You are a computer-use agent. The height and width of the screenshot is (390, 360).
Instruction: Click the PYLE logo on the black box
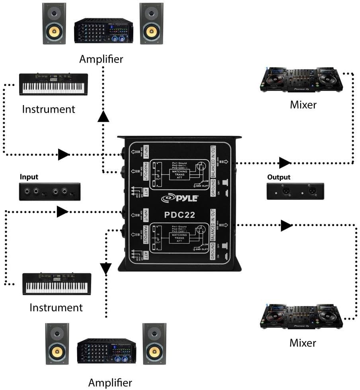[x=180, y=197]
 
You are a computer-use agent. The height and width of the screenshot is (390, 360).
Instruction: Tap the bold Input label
[x=29, y=177]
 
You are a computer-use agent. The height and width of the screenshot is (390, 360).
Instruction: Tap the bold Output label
[x=279, y=177]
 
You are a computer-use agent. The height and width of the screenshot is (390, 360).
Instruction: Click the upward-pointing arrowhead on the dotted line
[x=103, y=116]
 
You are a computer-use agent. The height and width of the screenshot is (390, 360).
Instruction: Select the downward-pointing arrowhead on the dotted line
[x=105, y=269]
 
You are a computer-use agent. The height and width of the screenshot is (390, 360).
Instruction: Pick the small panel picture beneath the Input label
[x=50, y=191]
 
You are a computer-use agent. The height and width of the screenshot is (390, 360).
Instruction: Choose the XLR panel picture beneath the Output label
[x=295, y=191]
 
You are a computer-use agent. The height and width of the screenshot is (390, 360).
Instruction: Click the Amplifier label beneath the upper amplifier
[x=101, y=59]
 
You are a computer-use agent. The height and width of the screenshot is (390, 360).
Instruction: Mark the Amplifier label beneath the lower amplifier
[x=110, y=382]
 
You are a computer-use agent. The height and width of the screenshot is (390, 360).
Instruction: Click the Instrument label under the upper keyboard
[x=49, y=109]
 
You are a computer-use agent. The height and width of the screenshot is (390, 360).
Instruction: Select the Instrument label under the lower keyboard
[x=56, y=307]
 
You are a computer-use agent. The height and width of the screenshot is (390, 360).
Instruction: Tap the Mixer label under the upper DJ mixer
[x=304, y=105]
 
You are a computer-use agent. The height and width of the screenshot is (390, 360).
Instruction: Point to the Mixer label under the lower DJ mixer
[x=303, y=343]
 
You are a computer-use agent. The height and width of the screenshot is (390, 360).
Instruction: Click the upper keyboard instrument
[x=53, y=84]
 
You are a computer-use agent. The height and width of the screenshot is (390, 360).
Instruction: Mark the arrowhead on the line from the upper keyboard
[x=63, y=154]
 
